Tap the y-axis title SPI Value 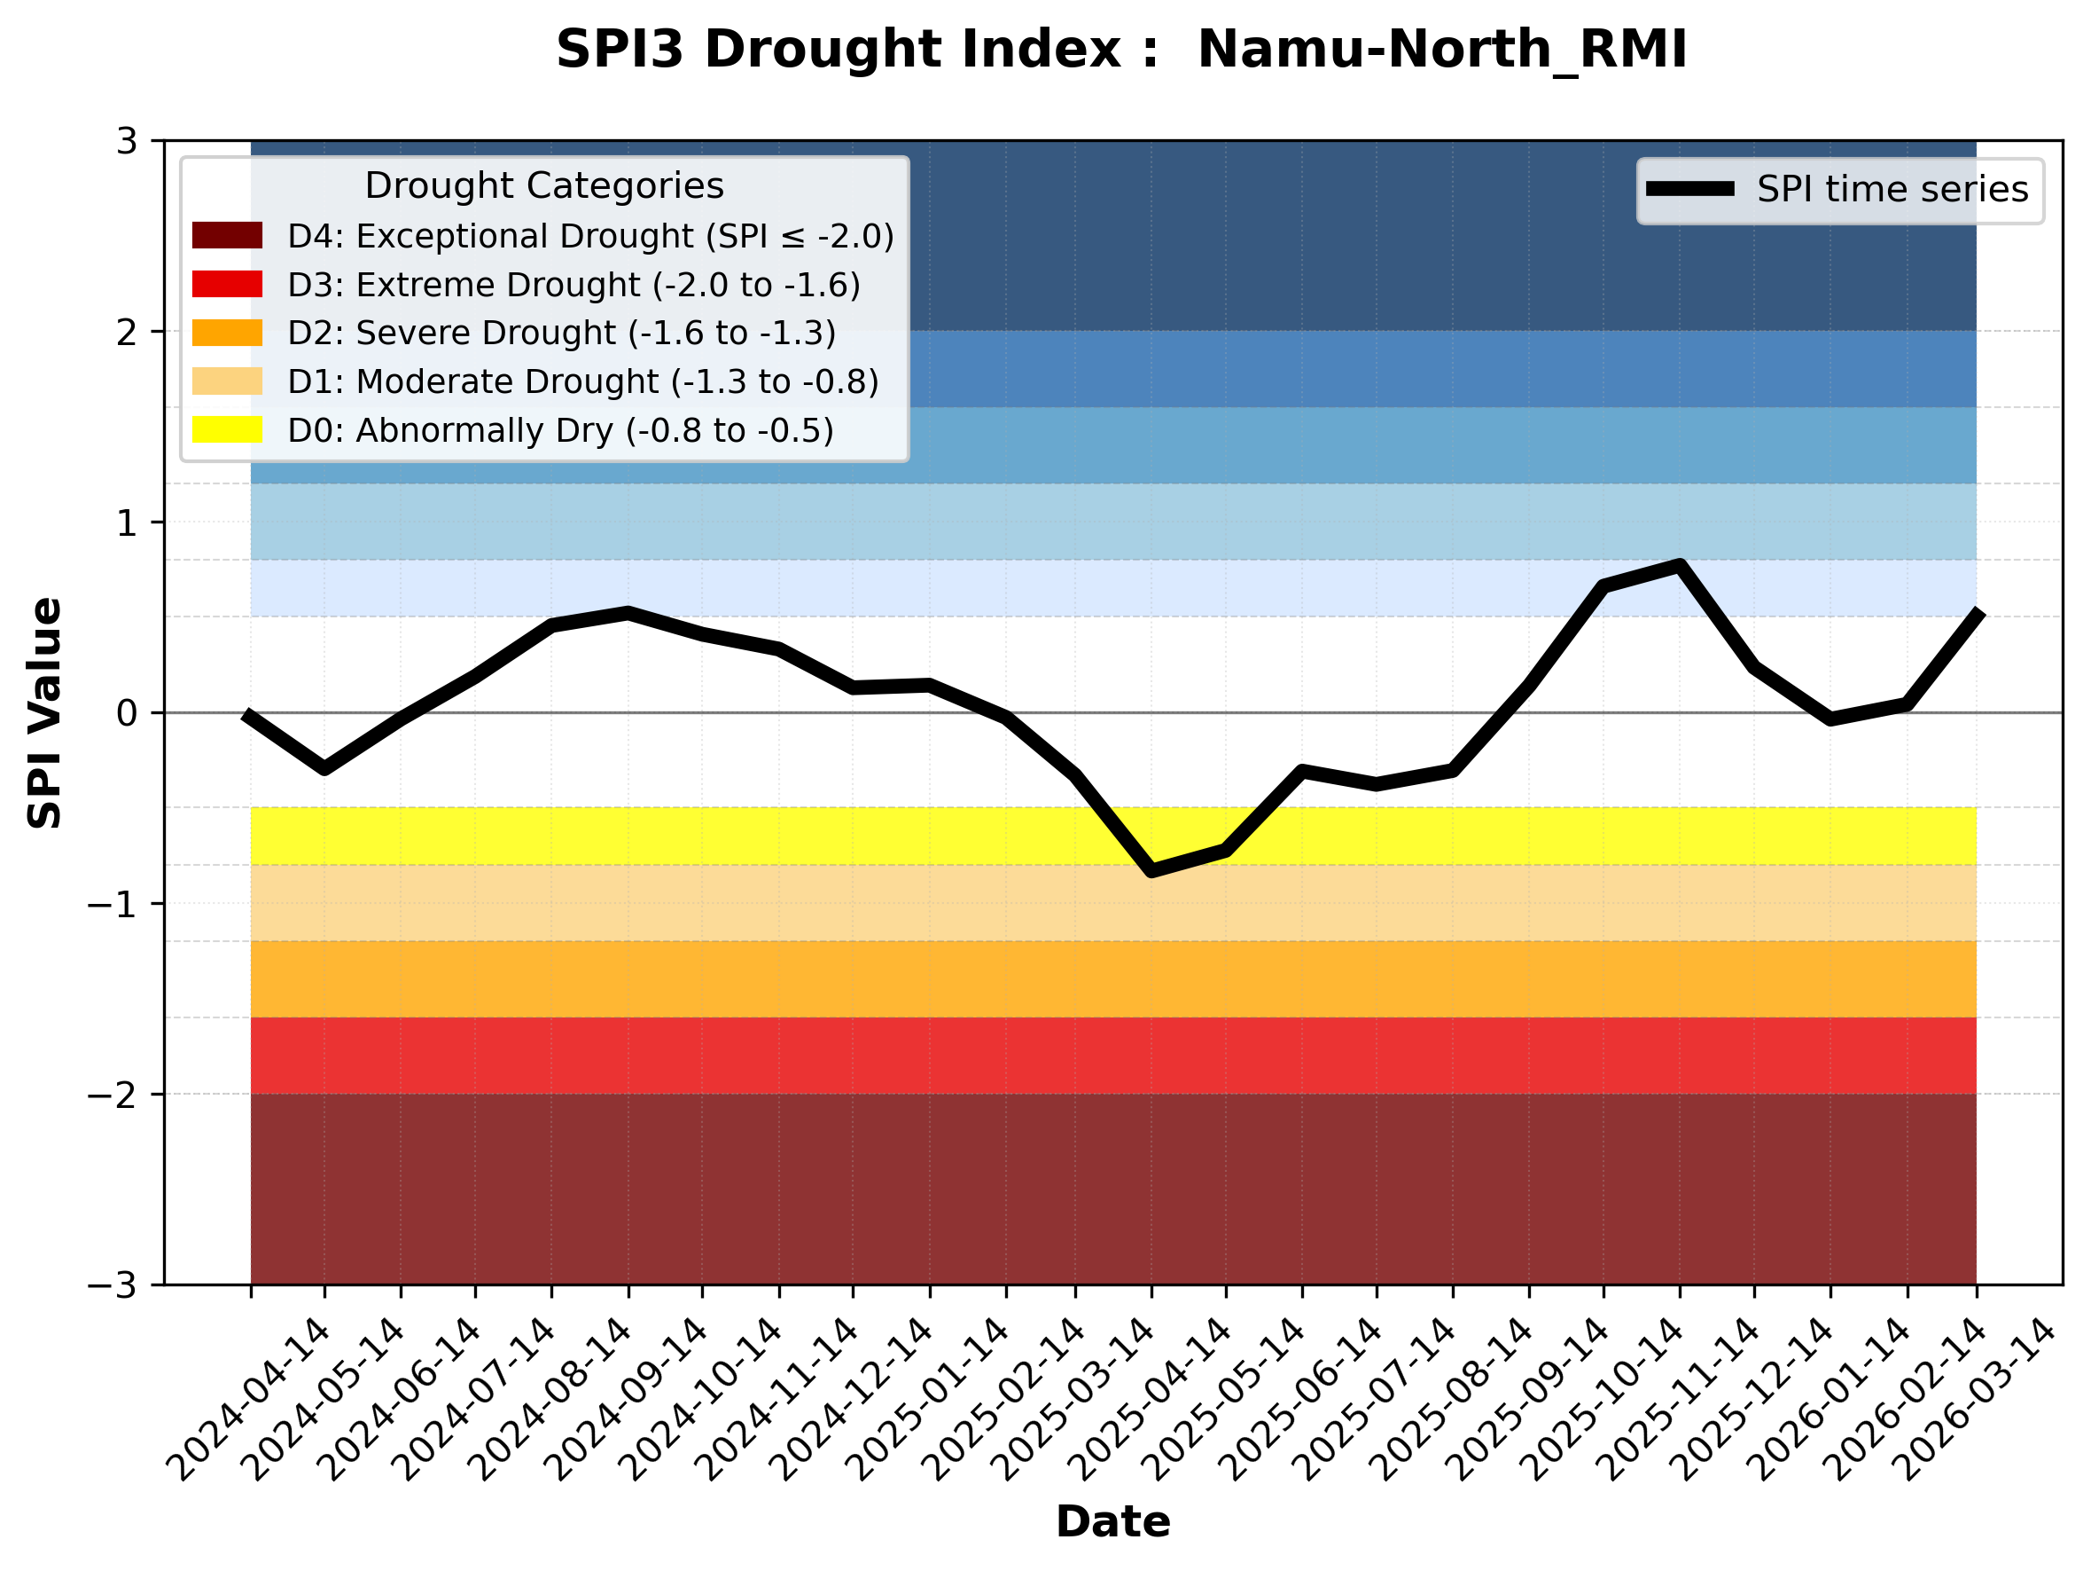click(x=44, y=713)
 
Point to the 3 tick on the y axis click(x=128, y=141)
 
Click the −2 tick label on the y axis click(x=113, y=1095)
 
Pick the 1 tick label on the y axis click(x=128, y=522)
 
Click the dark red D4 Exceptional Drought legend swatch click(x=227, y=235)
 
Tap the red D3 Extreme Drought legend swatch click(x=227, y=284)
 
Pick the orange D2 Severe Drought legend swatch click(x=227, y=333)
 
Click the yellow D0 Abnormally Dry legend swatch click(x=227, y=429)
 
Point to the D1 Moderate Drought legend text click(x=583, y=381)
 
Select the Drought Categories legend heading click(x=544, y=185)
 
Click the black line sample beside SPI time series click(x=1690, y=189)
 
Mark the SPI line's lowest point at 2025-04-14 click(x=1151, y=870)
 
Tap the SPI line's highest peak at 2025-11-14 click(x=1680, y=566)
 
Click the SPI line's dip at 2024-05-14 click(x=325, y=768)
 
